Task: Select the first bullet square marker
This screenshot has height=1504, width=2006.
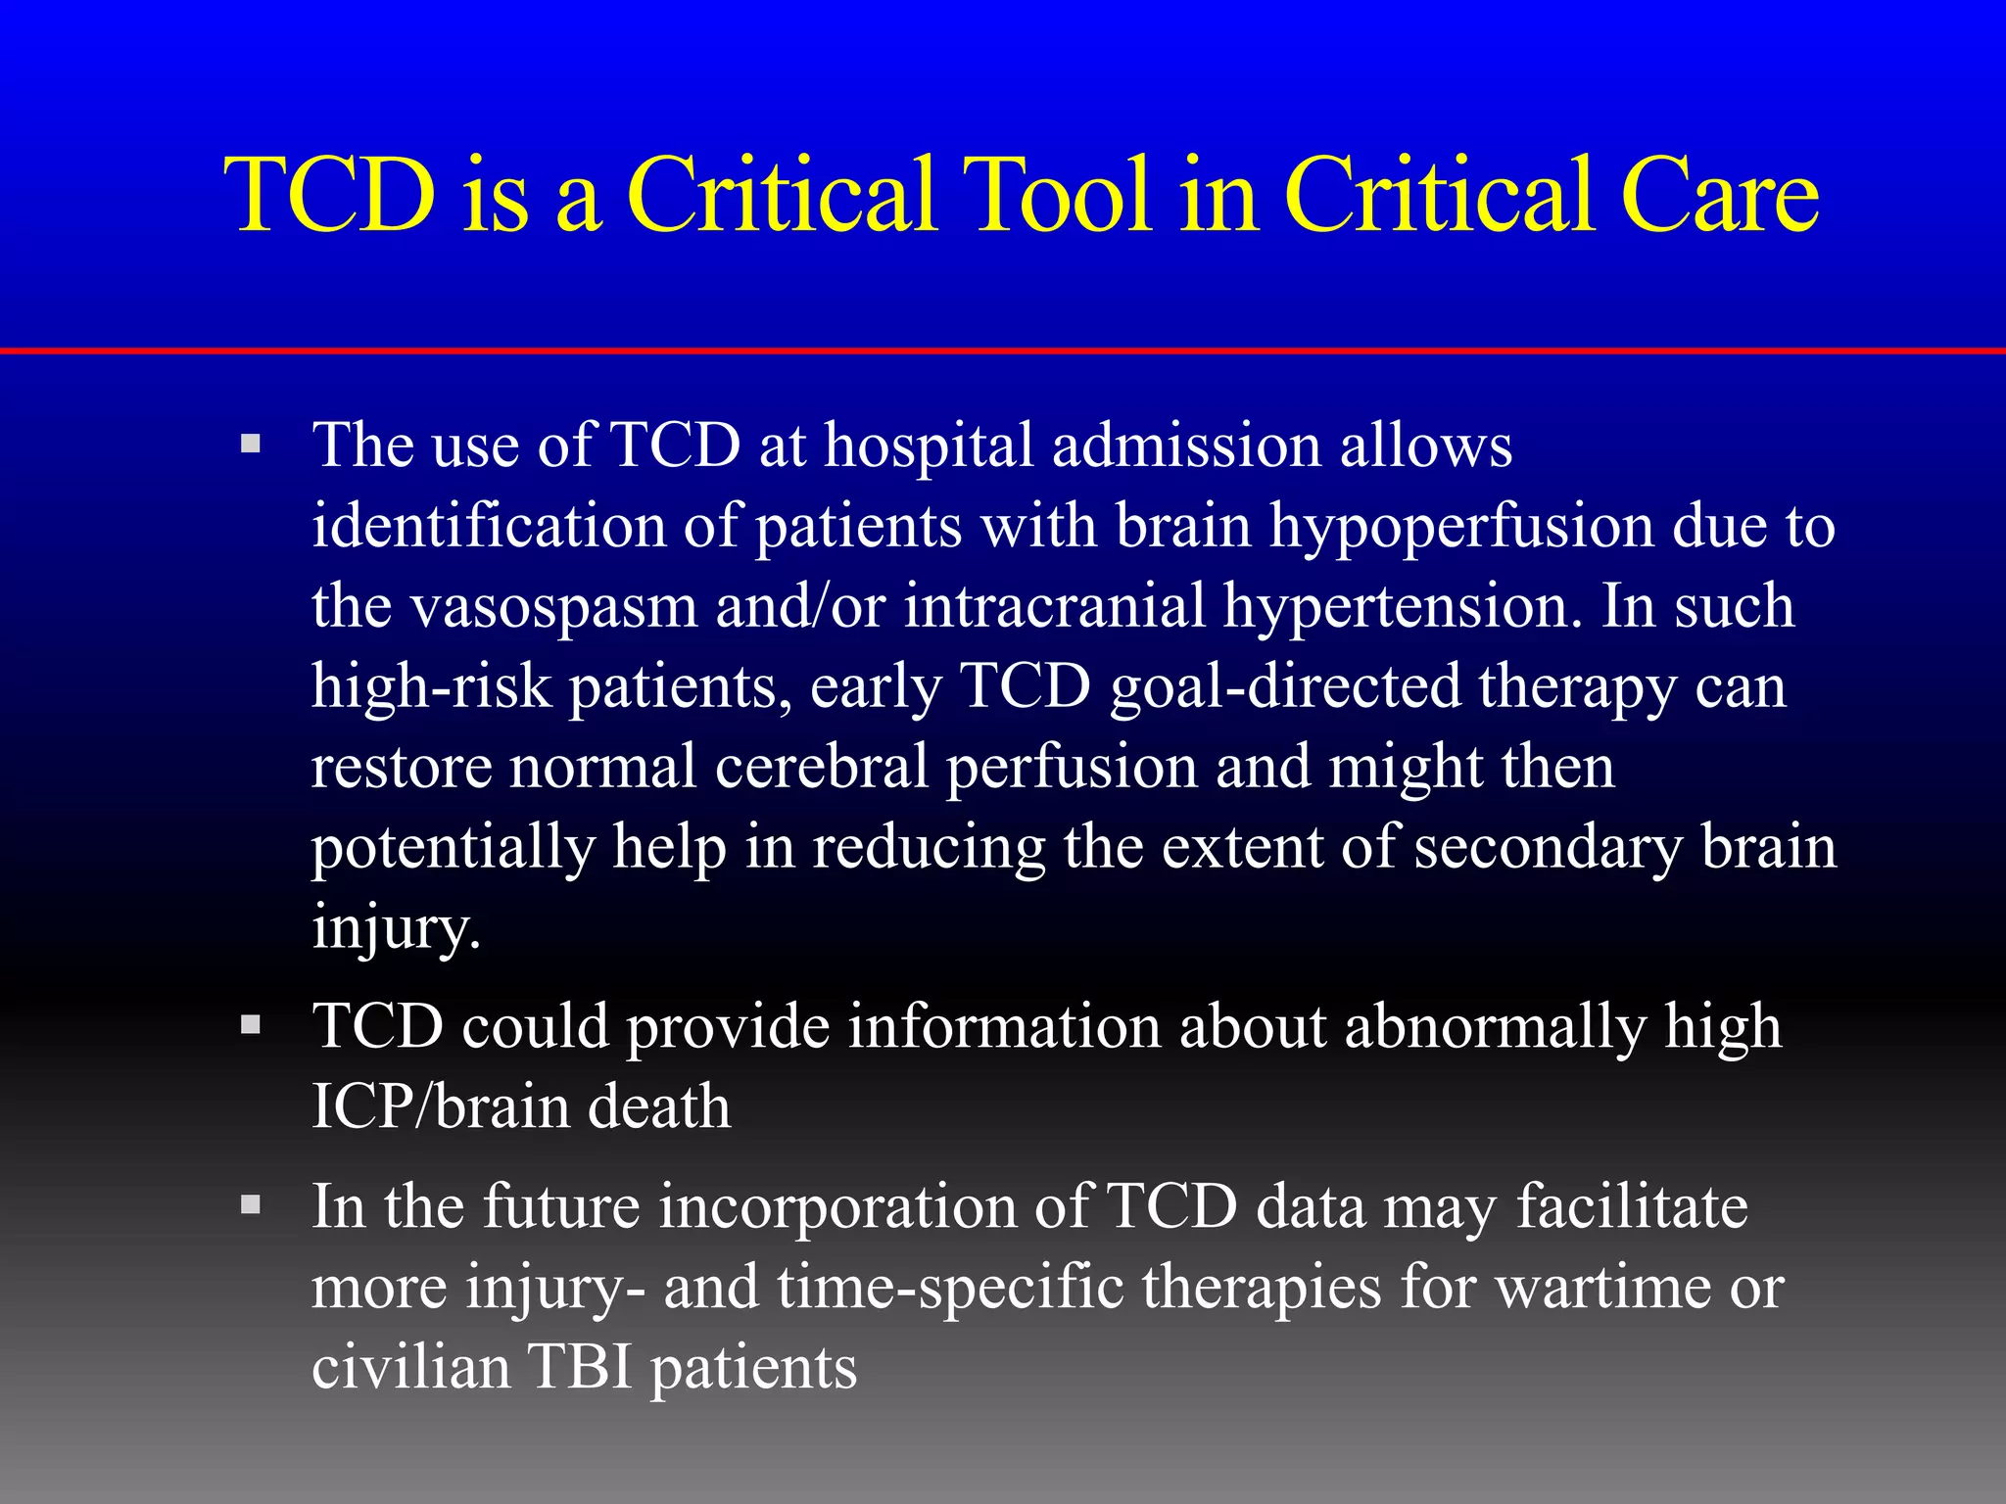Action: [252, 444]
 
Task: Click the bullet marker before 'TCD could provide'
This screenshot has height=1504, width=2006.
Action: [252, 1025]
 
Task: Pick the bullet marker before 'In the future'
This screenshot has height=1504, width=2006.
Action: [252, 1204]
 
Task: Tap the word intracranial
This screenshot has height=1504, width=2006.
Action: [1054, 607]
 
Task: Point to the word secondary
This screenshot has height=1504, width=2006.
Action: [1548, 848]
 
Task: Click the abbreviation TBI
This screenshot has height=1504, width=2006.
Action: [581, 1367]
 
